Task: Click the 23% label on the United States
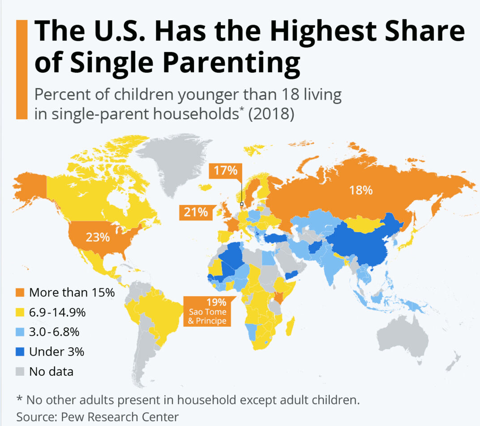pyautogui.click(x=98, y=237)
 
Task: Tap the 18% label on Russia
pyautogui.click(x=361, y=190)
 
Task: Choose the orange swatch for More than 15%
pyautogui.click(x=20, y=293)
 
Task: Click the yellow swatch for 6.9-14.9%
pyautogui.click(x=20, y=313)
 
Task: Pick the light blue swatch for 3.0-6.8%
pyautogui.click(x=20, y=332)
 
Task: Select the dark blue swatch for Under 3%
pyautogui.click(x=20, y=352)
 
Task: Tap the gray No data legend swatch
pyautogui.click(x=20, y=372)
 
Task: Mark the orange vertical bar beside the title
pyautogui.click(x=21, y=70)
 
